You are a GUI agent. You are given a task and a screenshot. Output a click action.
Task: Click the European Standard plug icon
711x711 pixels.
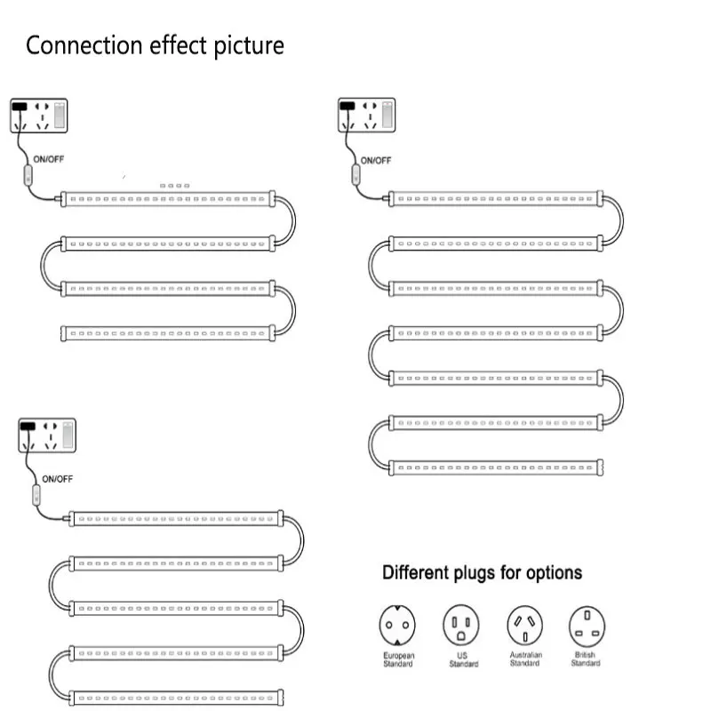coord(398,627)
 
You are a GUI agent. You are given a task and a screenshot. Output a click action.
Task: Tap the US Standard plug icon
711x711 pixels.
coord(461,627)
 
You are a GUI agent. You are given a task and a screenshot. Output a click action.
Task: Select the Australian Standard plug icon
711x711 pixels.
coord(524,626)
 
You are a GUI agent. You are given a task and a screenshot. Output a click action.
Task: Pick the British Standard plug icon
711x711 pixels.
coord(586,626)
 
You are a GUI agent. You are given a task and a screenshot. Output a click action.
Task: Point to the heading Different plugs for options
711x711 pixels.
coord(482,572)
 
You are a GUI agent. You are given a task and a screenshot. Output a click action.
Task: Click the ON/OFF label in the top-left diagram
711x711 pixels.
coord(49,160)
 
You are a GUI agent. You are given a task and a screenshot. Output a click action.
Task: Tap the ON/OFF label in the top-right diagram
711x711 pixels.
coord(375,161)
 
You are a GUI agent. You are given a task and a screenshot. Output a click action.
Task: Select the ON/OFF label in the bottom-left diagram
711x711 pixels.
coord(58,479)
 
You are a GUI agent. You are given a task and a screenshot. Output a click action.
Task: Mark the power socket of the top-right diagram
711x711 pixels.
coord(365,116)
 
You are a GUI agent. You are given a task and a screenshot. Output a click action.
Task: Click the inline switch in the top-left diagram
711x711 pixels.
coord(28,176)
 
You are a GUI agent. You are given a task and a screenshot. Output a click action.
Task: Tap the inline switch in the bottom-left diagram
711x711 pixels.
coord(37,495)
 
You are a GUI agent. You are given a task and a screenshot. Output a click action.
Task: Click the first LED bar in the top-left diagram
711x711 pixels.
coord(167,199)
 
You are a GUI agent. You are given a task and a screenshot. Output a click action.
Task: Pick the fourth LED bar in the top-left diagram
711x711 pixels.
coord(167,333)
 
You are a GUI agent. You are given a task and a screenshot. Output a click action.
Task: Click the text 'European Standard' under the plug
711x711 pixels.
coord(398,659)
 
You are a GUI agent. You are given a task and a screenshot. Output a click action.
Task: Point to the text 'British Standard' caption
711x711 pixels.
coord(586,659)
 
